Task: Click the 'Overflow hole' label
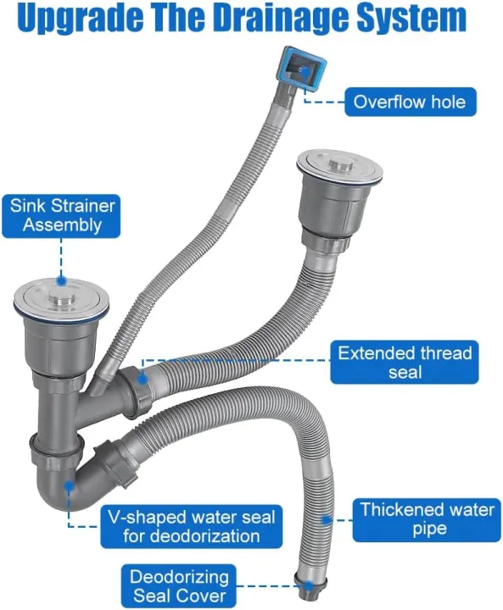pyautogui.click(x=410, y=103)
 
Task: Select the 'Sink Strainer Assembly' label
pyautogui.click(x=63, y=215)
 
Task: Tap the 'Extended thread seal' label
pyautogui.click(x=403, y=362)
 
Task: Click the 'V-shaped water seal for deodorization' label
pyautogui.click(x=191, y=526)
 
